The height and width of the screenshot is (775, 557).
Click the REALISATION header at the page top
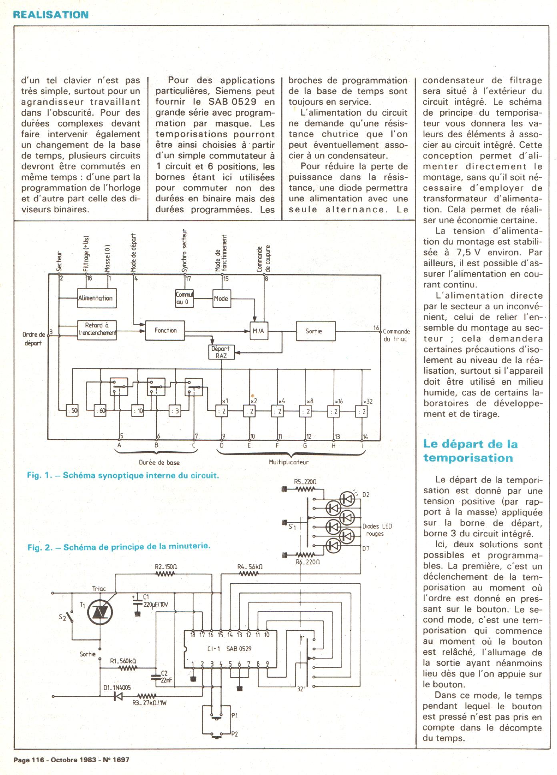coord(51,15)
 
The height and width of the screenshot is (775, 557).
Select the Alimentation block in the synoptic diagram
coord(97,298)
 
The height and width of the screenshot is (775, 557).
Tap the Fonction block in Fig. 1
coord(165,330)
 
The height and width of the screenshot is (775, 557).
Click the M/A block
coord(259,331)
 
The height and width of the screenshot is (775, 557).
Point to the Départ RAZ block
coord(220,352)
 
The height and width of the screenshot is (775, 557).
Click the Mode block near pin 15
coord(221,298)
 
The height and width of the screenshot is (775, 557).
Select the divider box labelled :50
coord(72,410)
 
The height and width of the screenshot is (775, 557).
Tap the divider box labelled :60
coord(100,410)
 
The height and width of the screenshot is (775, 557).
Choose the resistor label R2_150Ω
coord(166,567)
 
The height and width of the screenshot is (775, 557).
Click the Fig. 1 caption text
coord(123,476)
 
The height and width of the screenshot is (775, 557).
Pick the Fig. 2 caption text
coord(119,546)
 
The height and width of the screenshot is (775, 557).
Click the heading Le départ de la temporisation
coord(470,451)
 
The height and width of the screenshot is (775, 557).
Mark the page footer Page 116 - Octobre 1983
coord(72,759)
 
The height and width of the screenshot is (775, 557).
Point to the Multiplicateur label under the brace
coord(289,462)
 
